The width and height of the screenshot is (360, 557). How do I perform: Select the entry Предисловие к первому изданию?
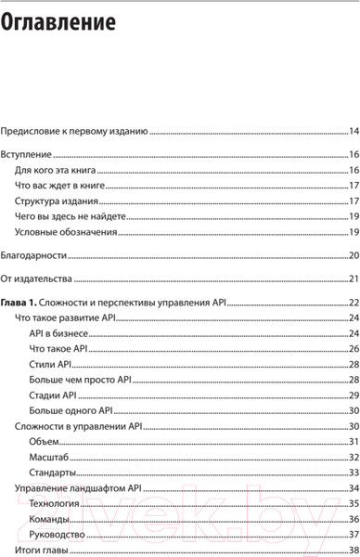click(x=74, y=132)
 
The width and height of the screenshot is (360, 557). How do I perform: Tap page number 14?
click(x=354, y=132)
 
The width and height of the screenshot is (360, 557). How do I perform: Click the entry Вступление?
click(x=26, y=156)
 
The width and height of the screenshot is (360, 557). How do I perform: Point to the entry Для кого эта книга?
click(x=57, y=171)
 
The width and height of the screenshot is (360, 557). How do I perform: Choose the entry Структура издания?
click(x=58, y=201)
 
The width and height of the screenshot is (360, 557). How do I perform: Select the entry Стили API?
click(x=50, y=363)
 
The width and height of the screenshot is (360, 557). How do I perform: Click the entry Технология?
click(x=56, y=502)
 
